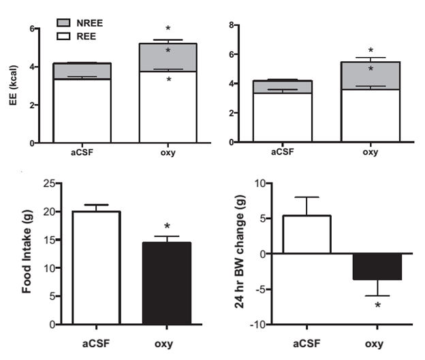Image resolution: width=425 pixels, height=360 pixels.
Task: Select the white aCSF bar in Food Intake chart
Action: [96, 267]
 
